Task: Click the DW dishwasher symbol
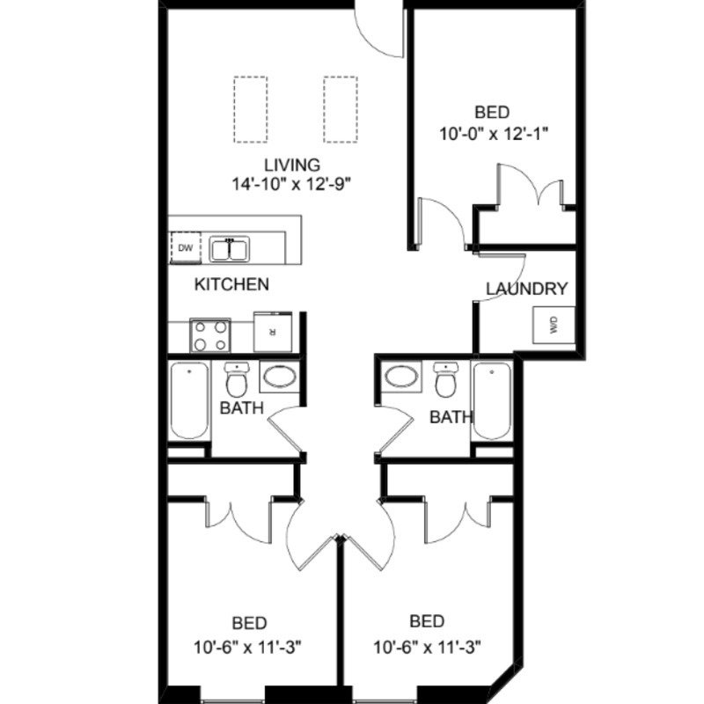(x=186, y=247)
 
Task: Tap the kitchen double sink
(x=230, y=249)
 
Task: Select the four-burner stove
(x=210, y=335)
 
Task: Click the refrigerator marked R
(x=273, y=332)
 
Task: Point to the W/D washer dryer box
(x=554, y=325)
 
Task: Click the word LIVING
(x=292, y=165)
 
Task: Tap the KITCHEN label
(x=231, y=283)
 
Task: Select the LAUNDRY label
(x=527, y=289)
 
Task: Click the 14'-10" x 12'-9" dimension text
(x=290, y=184)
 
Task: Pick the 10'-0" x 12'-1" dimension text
(x=494, y=134)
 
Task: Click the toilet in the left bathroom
(x=236, y=380)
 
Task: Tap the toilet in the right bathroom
(x=445, y=380)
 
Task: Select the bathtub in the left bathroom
(x=189, y=400)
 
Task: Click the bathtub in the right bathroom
(x=492, y=400)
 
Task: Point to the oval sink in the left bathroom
(x=280, y=377)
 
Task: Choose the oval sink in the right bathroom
(x=402, y=377)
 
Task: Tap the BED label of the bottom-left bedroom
(x=250, y=623)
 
